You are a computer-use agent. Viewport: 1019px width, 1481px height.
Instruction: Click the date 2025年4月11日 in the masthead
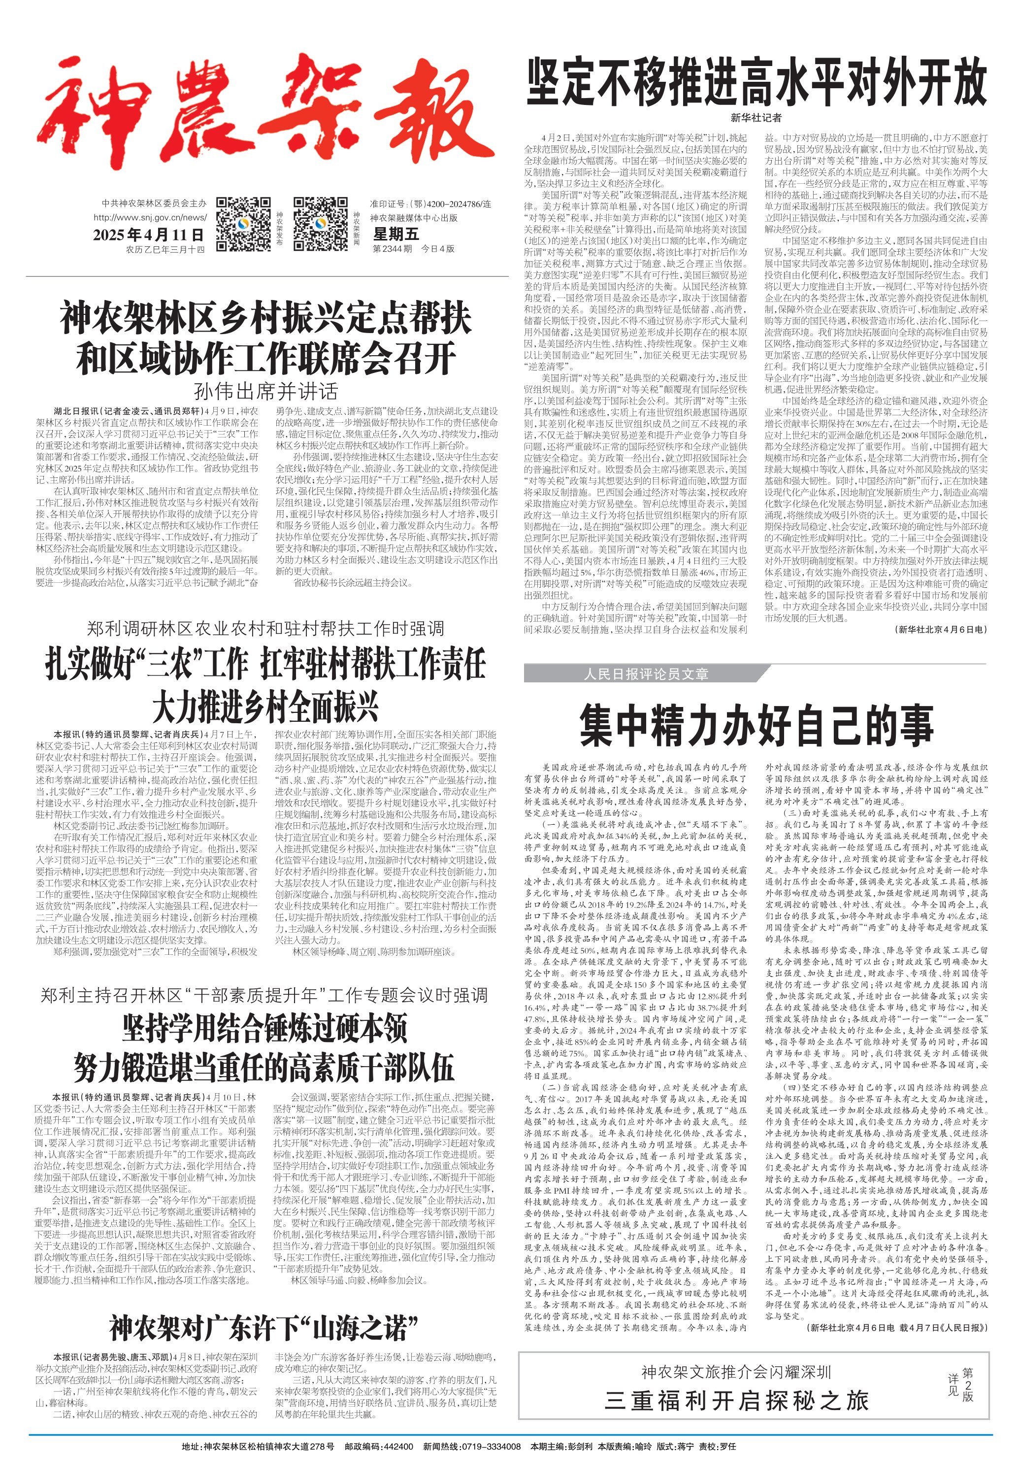(x=149, y=235)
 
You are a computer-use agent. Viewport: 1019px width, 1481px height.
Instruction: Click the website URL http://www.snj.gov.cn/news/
(x=150, y=217)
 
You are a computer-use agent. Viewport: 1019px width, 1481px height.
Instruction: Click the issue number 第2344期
(x=392, y=248)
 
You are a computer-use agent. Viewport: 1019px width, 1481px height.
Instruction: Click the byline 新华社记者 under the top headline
(x=756, y=118)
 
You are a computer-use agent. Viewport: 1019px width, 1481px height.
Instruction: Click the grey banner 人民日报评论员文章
(x=645, y=674)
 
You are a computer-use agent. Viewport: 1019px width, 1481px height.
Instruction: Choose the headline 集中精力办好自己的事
(x=756, y=724)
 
